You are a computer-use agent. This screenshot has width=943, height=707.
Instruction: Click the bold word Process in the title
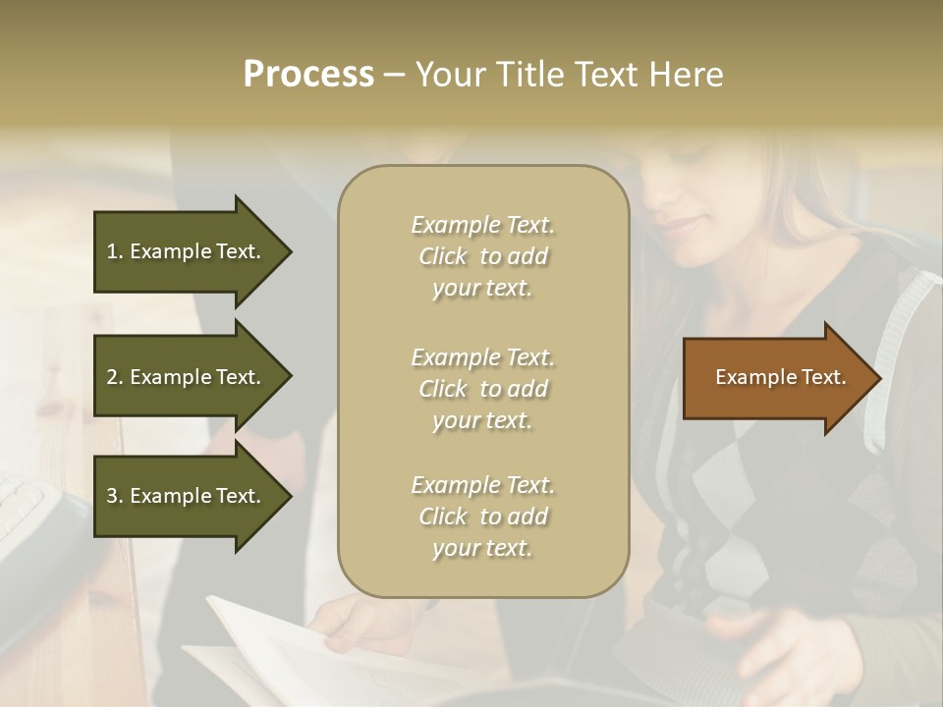(308, 75)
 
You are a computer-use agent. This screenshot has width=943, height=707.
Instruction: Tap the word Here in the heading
(686, 75)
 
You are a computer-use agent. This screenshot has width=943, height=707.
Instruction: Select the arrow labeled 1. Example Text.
(187, 251)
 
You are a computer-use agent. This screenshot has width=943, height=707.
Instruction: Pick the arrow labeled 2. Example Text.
(187, 377)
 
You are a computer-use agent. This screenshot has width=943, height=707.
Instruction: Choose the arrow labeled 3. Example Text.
(187, 496)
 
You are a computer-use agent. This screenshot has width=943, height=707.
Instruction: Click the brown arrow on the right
(776, 378)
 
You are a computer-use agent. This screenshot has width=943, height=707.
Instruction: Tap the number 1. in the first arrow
(115, 251)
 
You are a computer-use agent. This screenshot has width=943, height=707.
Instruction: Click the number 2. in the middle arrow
(115, 377)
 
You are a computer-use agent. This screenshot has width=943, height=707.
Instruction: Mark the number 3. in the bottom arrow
(115, 496)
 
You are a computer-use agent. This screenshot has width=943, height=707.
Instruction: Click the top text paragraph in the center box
(482, 256)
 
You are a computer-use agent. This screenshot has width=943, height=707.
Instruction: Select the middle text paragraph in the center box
(482, 388)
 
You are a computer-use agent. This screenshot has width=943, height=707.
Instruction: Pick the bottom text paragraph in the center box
(482, 517)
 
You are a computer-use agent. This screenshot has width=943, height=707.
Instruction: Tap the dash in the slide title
(395, 76)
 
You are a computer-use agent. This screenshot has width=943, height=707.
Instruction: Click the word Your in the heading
(448, 75)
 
